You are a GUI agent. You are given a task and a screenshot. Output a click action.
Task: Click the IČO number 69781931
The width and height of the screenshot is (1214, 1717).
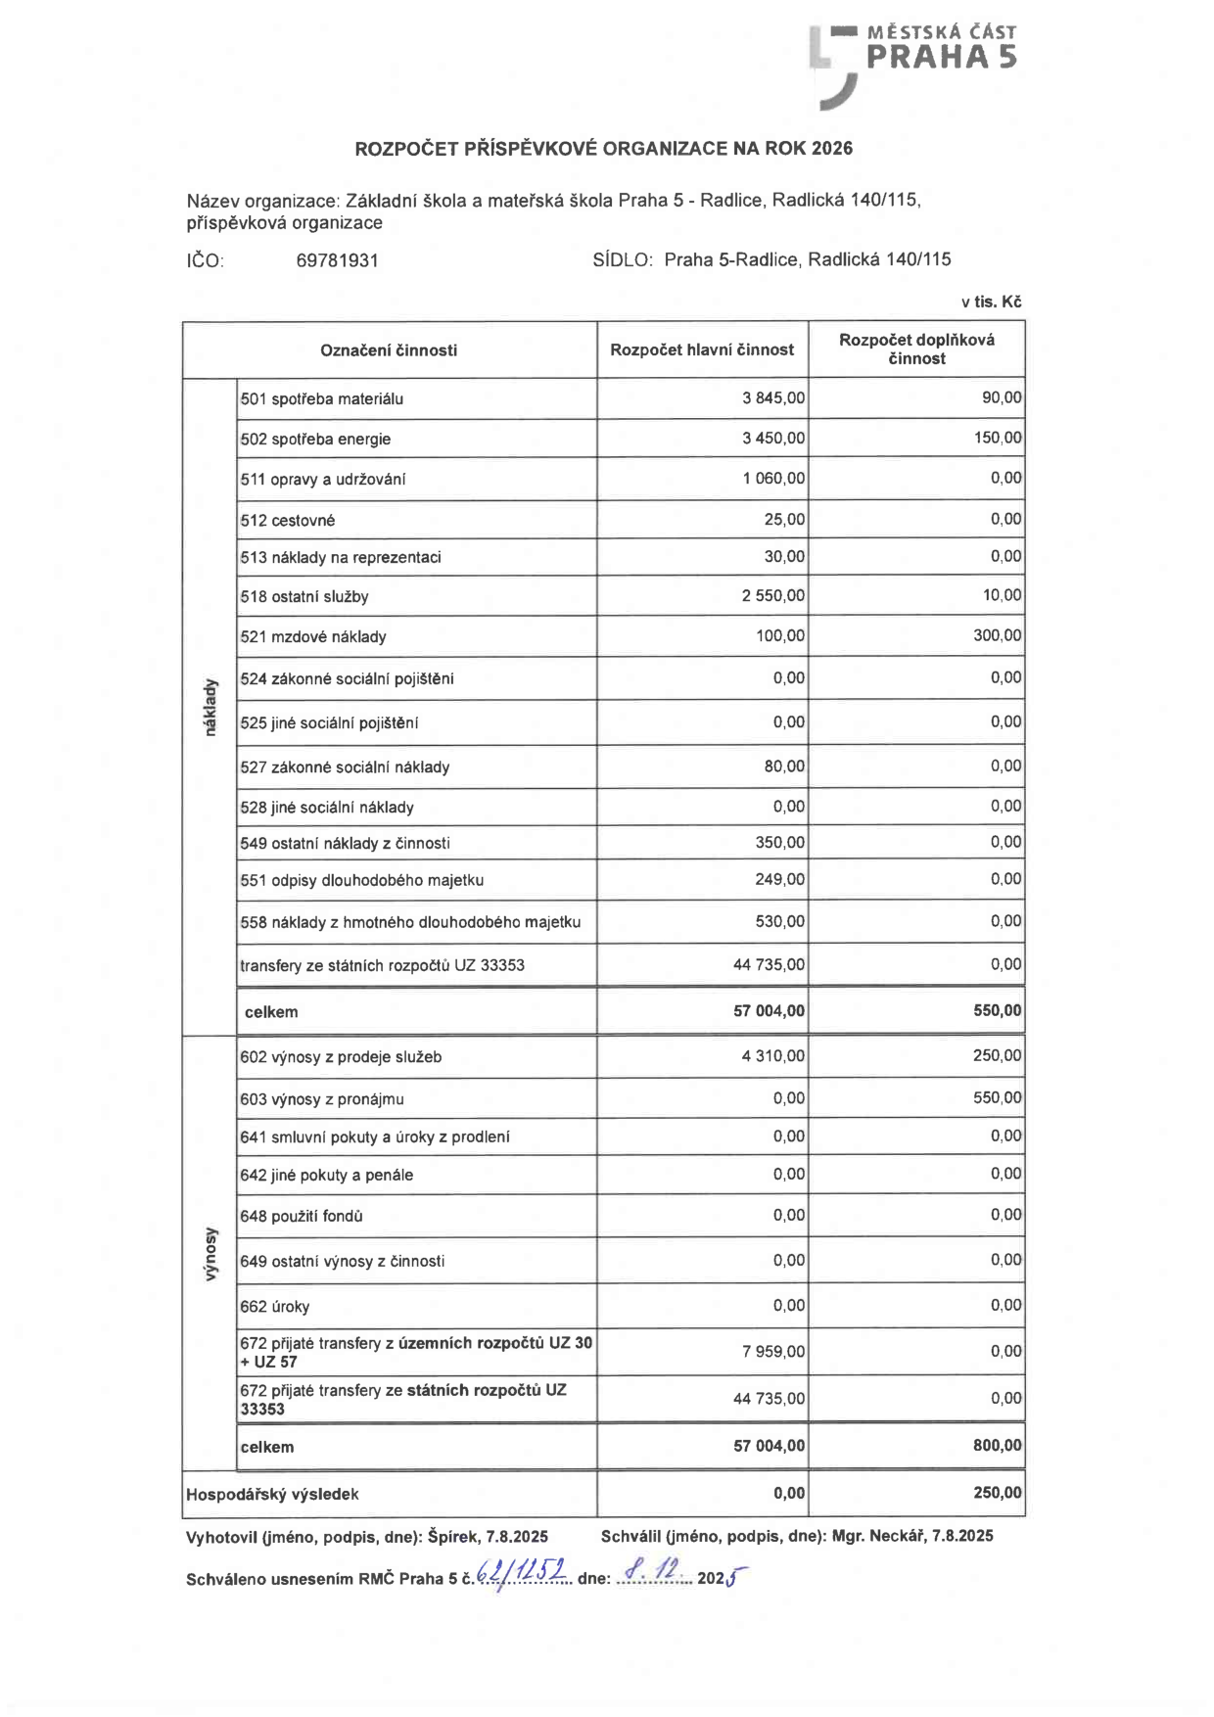[x=337, y=260]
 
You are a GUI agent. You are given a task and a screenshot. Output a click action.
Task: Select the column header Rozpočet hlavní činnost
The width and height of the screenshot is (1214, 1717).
[x=702, y=349]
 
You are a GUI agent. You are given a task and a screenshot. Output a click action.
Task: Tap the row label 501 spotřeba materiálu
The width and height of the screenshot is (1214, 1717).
[x=322, y=398]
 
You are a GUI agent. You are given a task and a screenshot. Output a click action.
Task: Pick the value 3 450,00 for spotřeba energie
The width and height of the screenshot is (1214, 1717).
[x=773, y=438]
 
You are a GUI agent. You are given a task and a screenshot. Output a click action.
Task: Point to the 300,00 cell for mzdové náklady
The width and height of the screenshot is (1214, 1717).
[x=997, y=635]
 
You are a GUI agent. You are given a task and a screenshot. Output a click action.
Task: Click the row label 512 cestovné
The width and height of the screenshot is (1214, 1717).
[x=288, y=520]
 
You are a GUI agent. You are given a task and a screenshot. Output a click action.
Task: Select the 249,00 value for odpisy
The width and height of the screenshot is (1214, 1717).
[x=779, y=879]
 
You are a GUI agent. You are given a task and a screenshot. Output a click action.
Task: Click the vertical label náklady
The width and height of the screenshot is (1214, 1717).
[x=209, y=707]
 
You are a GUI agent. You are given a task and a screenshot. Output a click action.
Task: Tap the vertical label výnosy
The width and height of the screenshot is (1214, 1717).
[x=209, y=1254]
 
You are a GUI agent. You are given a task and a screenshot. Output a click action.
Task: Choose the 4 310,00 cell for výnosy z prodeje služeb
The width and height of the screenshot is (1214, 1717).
[x=773, y=1056]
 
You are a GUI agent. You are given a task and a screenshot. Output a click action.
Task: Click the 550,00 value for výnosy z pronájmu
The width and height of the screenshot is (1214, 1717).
[x=997, y=1097]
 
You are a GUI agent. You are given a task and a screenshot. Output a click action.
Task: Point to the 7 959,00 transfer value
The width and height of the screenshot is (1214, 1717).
[x=773, y=1352]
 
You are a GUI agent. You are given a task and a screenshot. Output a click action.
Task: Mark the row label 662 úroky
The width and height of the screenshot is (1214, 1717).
[x=275, y=1306]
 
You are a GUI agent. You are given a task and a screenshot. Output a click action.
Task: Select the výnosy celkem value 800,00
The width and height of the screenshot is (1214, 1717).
[x=997, y=1445]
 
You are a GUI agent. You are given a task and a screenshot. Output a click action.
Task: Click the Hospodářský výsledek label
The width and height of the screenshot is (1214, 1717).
[x=272, y=1494]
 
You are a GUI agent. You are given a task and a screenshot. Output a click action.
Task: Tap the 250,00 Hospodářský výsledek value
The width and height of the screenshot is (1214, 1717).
[x=997, y=1493]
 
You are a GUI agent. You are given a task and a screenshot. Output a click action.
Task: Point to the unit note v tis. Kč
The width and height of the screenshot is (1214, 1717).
[x=991, y=302]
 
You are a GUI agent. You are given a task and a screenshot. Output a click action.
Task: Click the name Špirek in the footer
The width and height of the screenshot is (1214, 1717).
[x=453, y=1536]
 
